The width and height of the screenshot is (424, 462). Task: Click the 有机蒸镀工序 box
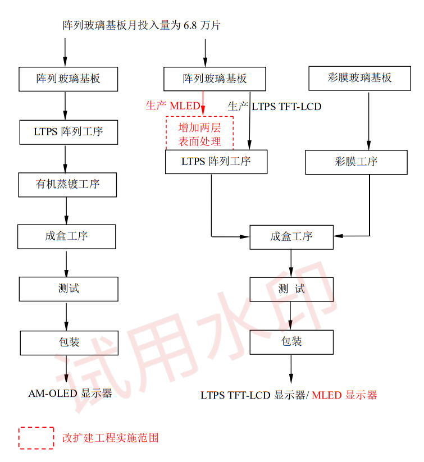[x=67, y=184]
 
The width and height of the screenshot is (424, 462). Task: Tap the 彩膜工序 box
[x=356, y=162]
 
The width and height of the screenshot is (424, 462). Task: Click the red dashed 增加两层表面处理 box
[x=199, y=134]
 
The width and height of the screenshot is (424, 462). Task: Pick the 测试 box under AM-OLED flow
[x=69, y=289]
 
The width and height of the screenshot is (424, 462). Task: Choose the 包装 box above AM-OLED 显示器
[x=69, y=342]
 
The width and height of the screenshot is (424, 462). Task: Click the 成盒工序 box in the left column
[x=67, y=236]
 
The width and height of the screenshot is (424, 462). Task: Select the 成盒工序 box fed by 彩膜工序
[x=291, y=236]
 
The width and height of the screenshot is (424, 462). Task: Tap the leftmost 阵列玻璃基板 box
[x=68, y=79]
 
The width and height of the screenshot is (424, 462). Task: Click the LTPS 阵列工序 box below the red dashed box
[x=216, y=162]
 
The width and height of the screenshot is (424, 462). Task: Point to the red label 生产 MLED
[x=172, y=106]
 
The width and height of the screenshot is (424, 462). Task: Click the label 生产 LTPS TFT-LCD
[x=275, y=106]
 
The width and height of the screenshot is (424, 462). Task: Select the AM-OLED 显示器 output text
[x=70, y=393]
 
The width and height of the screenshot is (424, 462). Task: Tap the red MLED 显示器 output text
[x=344, y=395]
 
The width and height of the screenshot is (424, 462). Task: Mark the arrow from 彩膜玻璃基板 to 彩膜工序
[x=368, y=120]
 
